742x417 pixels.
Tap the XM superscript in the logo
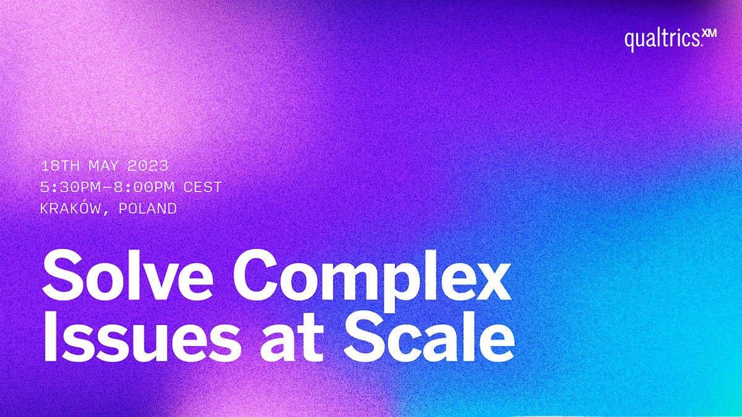[x=709, y=35]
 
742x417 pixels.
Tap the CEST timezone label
[x=203, y=187]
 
